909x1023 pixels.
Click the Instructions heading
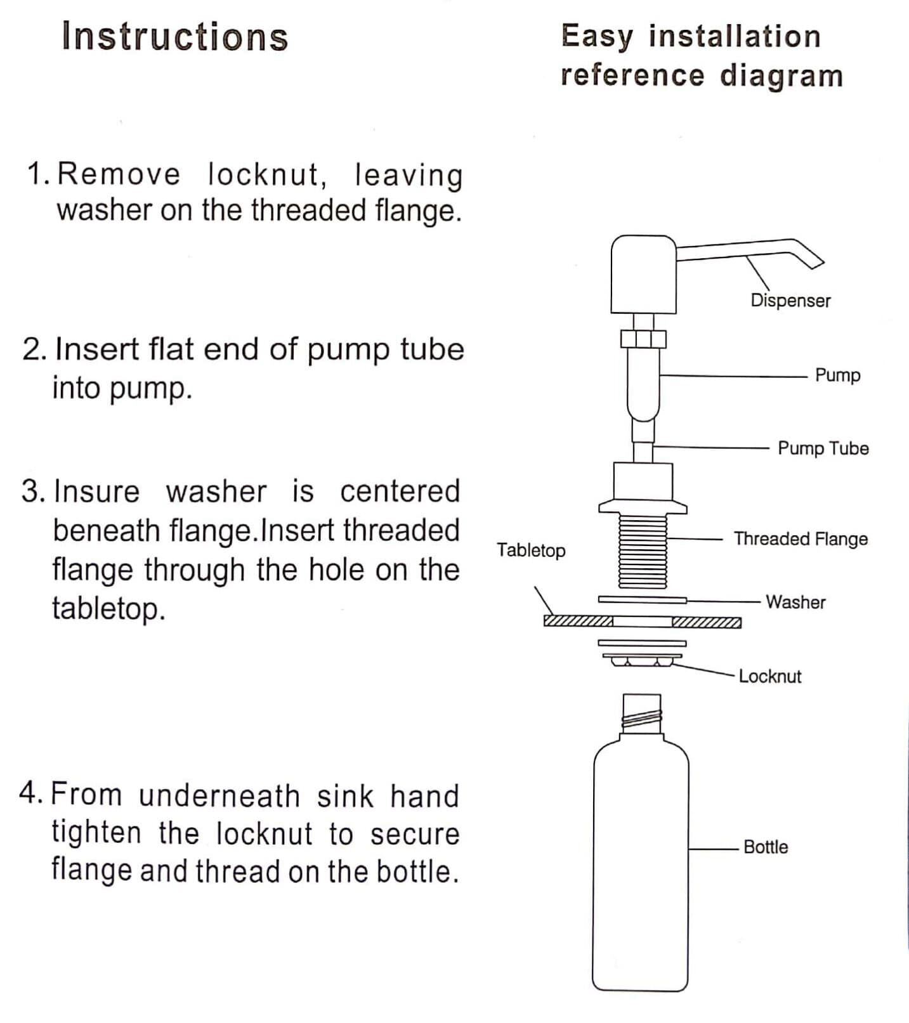coord(175,37)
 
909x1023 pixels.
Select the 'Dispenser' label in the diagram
coord(790,301)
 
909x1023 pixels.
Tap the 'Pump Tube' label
coord(823,448)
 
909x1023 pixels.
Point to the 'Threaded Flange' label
coord(801,539)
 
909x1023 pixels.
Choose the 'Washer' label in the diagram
coord(795,602)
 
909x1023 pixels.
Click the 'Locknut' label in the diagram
coord(770,676)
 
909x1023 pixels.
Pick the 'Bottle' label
coord(766,847)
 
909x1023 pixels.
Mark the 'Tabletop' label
coord(531,550)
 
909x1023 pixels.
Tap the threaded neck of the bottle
coord(642,714)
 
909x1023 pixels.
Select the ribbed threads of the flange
coord(643,551)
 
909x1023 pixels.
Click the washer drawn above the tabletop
coord(643,599)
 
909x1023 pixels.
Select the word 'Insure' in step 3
coord(96,492)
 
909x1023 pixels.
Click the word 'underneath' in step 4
coord(219,795)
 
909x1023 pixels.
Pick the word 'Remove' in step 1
coord(119,174)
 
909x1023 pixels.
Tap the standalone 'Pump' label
coord(837,375)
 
